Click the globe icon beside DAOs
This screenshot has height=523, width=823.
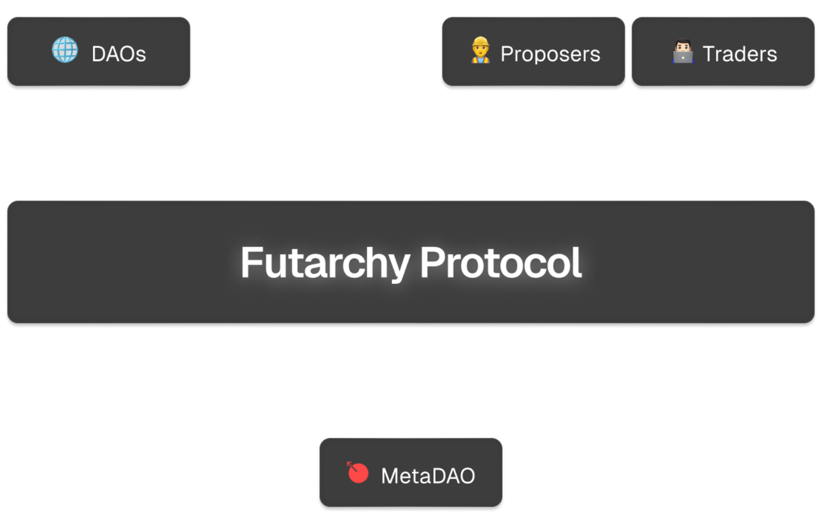click(x=65, y=50)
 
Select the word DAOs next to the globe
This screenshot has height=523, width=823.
click(x=119, y=54)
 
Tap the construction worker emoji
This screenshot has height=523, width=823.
click(x=480, y=50)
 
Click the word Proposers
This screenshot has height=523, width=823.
click(x=550, y=55)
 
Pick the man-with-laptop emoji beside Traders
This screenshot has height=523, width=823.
click(x=683, y=50)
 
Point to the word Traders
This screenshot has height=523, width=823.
click(x=739, y=54)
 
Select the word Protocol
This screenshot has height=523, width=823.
click(x=500, y=262)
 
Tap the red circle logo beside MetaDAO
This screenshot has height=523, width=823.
click(x=357, y=472)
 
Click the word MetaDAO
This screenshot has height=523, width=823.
click(x=428, y=476)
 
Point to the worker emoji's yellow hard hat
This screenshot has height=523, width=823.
click(x=480, y=42)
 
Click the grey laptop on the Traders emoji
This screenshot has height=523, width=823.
click(x=683, y=58)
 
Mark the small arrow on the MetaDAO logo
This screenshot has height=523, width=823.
click(x=352, y=466)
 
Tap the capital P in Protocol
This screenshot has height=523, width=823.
click(x=433, y=262)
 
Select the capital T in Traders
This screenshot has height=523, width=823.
click(x=709, y=54)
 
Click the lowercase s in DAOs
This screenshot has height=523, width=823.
click(x=141, y=56)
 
